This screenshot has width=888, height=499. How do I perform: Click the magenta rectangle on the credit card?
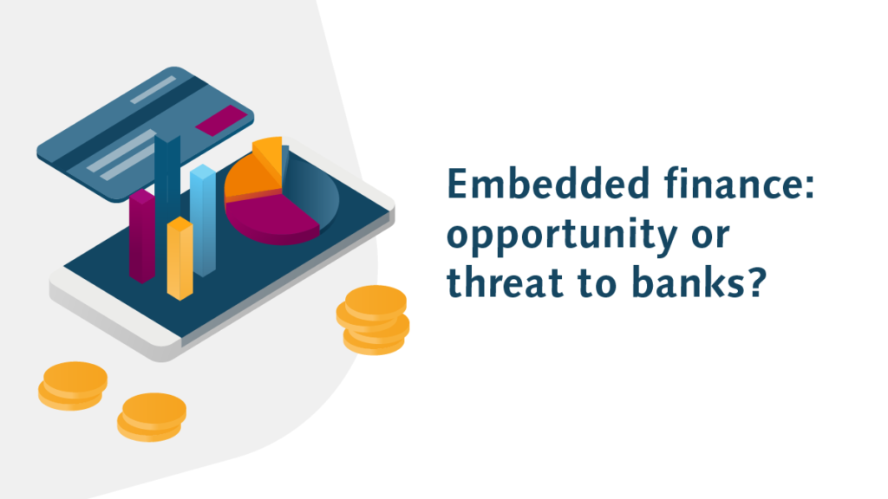pos(221,120)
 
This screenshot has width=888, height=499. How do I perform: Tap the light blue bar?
pos(203,220)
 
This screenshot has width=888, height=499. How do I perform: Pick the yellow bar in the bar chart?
pos(180,258)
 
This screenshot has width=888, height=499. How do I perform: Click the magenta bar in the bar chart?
pos(141,236)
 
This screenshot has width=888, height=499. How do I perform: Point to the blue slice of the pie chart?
pos(311,190)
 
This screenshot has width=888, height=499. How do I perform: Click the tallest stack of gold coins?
pos(373,320)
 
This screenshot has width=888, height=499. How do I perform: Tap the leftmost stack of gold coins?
pos(73,386)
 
